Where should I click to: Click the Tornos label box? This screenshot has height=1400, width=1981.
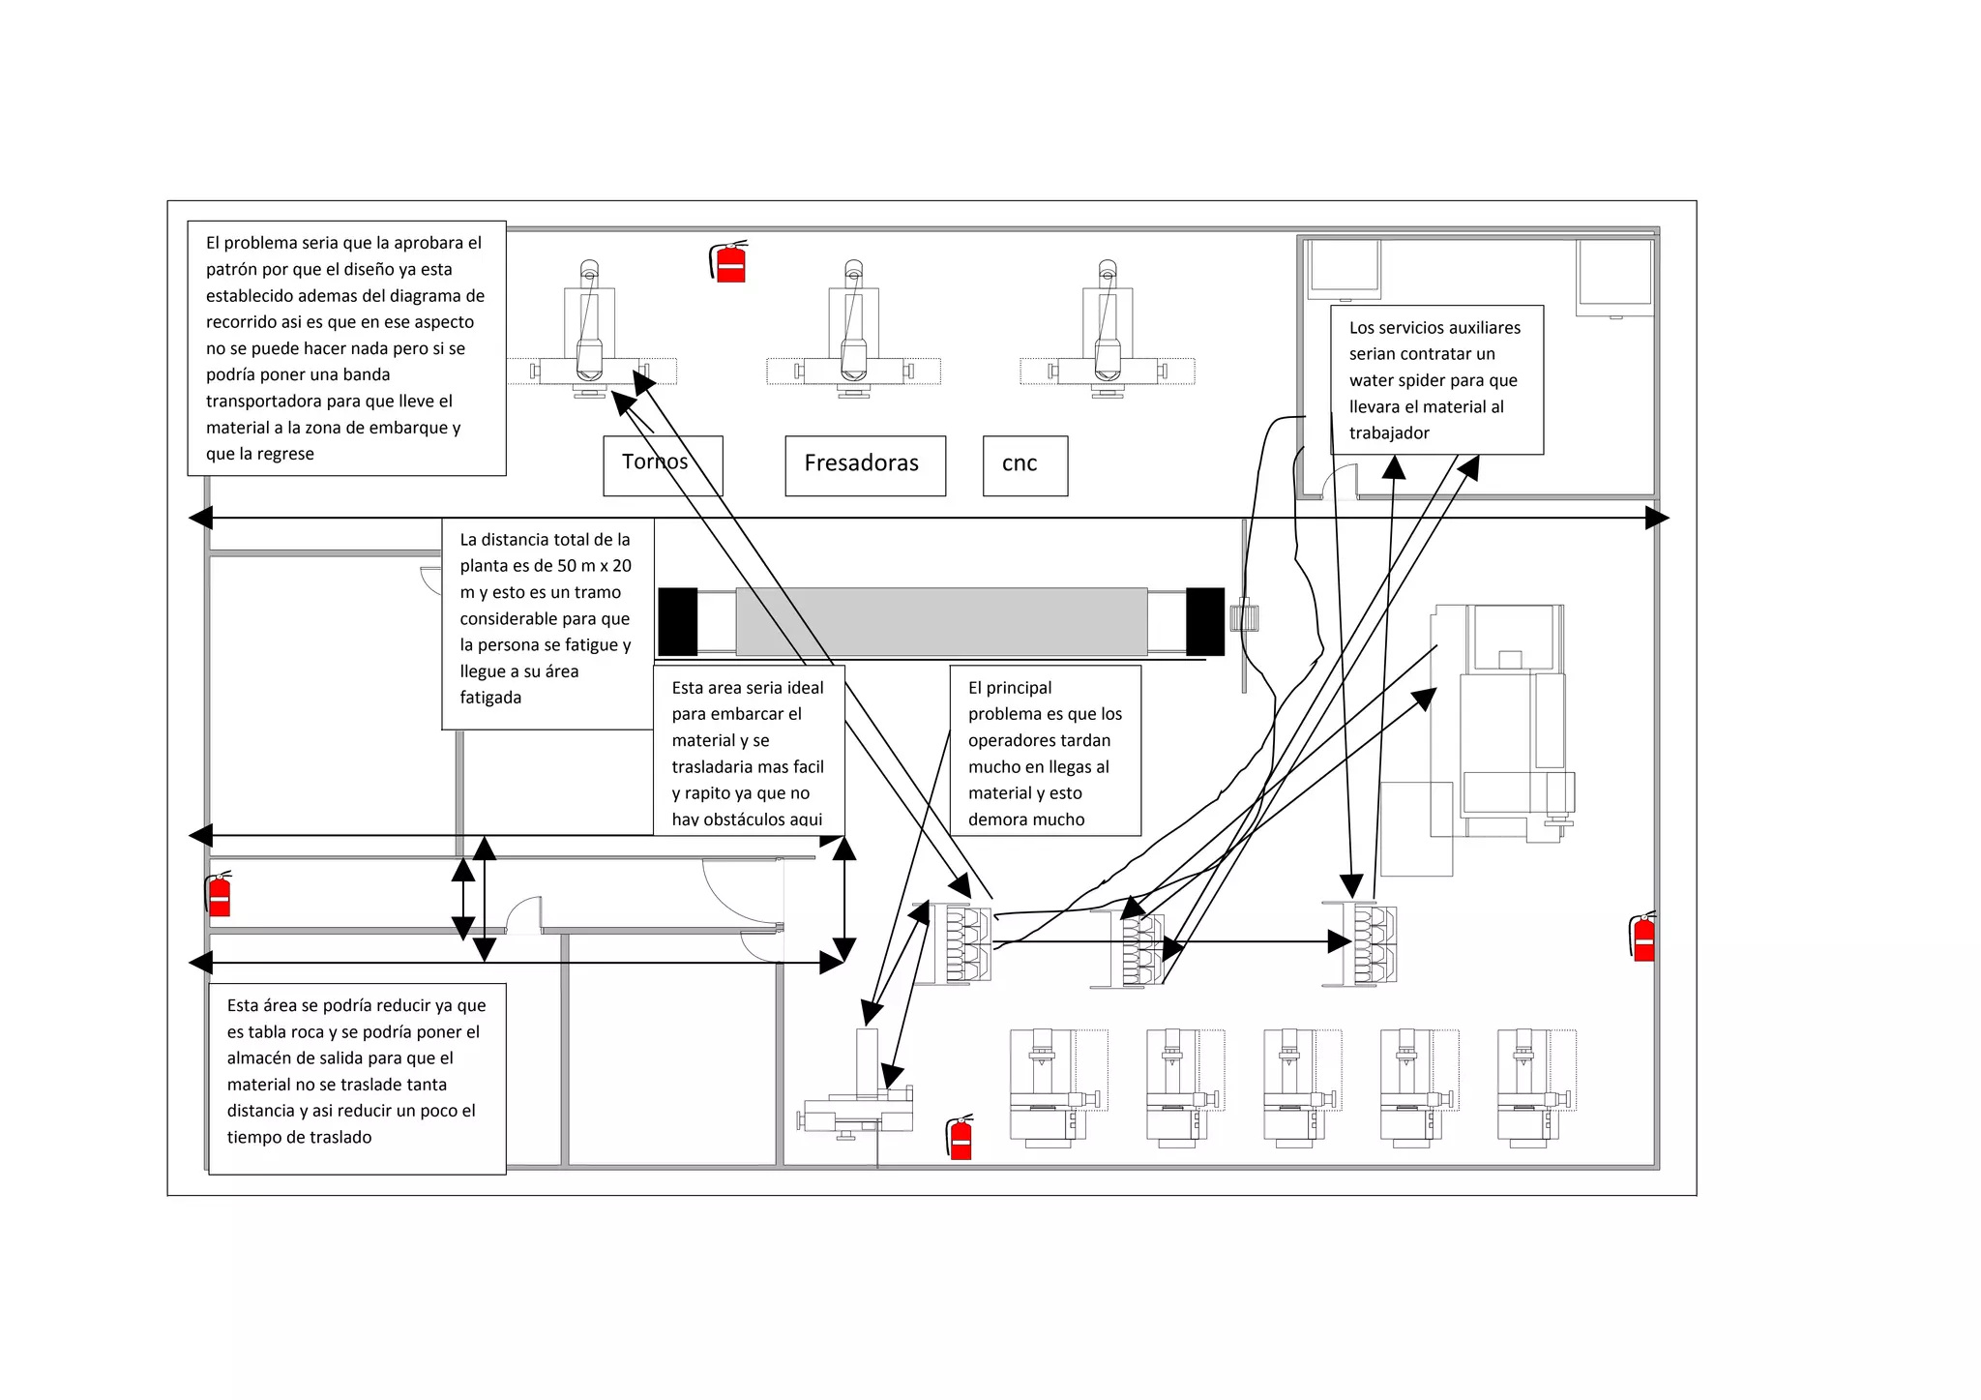coord(663,465)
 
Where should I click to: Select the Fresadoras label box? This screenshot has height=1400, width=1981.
coord(865,465)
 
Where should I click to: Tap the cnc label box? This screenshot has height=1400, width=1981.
coord(1025,465)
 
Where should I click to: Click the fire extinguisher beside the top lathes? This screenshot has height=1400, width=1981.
coord(729,261)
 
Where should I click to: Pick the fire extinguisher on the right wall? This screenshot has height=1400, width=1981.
coord(1642,936)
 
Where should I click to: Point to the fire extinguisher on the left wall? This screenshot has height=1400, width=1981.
coord(219,893)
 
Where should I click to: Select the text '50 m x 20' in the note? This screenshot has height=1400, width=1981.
coord(594,566)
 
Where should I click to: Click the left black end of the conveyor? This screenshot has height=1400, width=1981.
coord(677,621)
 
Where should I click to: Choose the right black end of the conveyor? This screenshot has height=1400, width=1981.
coord(1205,621)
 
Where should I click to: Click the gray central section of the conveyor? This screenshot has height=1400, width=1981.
coord(941,621)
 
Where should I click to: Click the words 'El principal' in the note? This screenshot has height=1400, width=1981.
coord(1010,688)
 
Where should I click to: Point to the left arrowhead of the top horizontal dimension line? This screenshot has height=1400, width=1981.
coord(200,518)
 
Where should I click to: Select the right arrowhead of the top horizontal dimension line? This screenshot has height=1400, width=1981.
coord(1657,518)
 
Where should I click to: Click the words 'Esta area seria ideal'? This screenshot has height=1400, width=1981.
coord(748,688)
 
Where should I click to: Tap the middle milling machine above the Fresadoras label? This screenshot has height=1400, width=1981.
coord(853,329)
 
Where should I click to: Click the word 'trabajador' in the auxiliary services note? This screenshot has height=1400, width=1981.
coord(1389,433)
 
